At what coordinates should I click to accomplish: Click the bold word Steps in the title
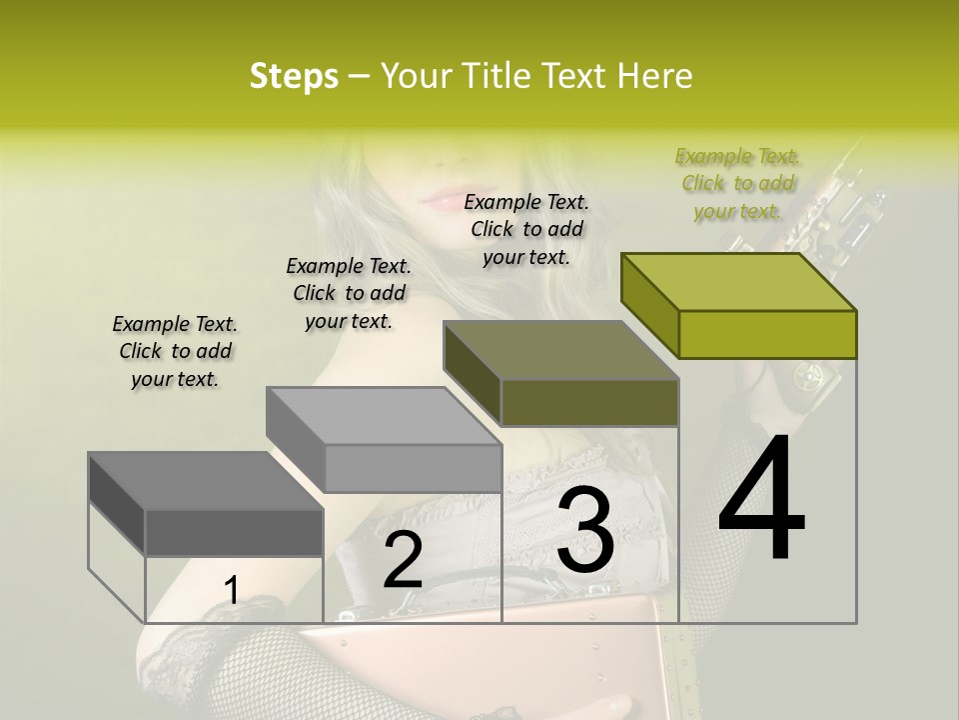pyautogui.click(x=294, y=76)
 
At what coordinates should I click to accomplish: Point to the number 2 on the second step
pyautogui.click(x=403, y=560)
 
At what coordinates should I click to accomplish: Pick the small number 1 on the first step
pyautogui.click(x=231, y=591)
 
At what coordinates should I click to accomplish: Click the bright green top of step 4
pyautogui.click(x=739, y=282)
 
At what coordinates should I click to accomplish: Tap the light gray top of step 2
pyautogui.click(x=384, y=416)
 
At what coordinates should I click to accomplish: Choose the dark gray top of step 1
pyautogui.click(x=206, y=481)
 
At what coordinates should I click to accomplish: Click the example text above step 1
pyautogui.click(x=175, y=351)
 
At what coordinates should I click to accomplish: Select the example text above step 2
pyautogui.click(x=349, y=293)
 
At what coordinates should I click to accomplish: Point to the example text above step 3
pyautogui.click(x=526, y=229)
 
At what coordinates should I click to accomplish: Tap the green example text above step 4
pyautogui.click(x=738, y=183)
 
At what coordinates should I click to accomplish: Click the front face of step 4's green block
pyautogui.click(x=767, y=334)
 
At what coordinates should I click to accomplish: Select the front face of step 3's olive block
pyautogui.click(x=589, y=402)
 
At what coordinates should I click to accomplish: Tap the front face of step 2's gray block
pyautogui.click(x=413, y=468)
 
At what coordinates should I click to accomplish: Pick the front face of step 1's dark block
pyautogui.click(x=234, y=532)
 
